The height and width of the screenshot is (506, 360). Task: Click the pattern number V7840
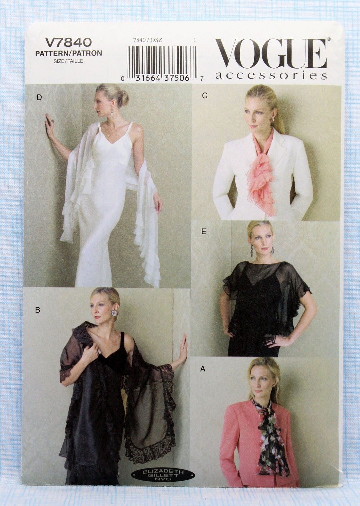coord(68,42)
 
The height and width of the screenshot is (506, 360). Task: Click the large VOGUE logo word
coord(270,53)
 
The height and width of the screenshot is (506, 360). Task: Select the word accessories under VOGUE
coord(271,76)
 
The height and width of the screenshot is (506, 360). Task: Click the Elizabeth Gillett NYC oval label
coord(163,474)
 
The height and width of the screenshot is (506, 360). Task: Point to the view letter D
coord(39,97)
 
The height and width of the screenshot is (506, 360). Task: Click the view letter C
coord(205,96)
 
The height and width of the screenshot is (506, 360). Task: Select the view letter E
coord(204,232)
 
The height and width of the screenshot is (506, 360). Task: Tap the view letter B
coord(38,310)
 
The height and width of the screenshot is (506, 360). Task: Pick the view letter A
coord(203,369)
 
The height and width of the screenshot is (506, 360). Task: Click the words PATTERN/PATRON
coord(68,53)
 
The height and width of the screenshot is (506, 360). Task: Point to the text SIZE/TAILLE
coord(68,61)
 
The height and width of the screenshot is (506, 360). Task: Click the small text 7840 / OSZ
coord(147,40)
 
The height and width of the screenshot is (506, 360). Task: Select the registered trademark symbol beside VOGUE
coord(329,39)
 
